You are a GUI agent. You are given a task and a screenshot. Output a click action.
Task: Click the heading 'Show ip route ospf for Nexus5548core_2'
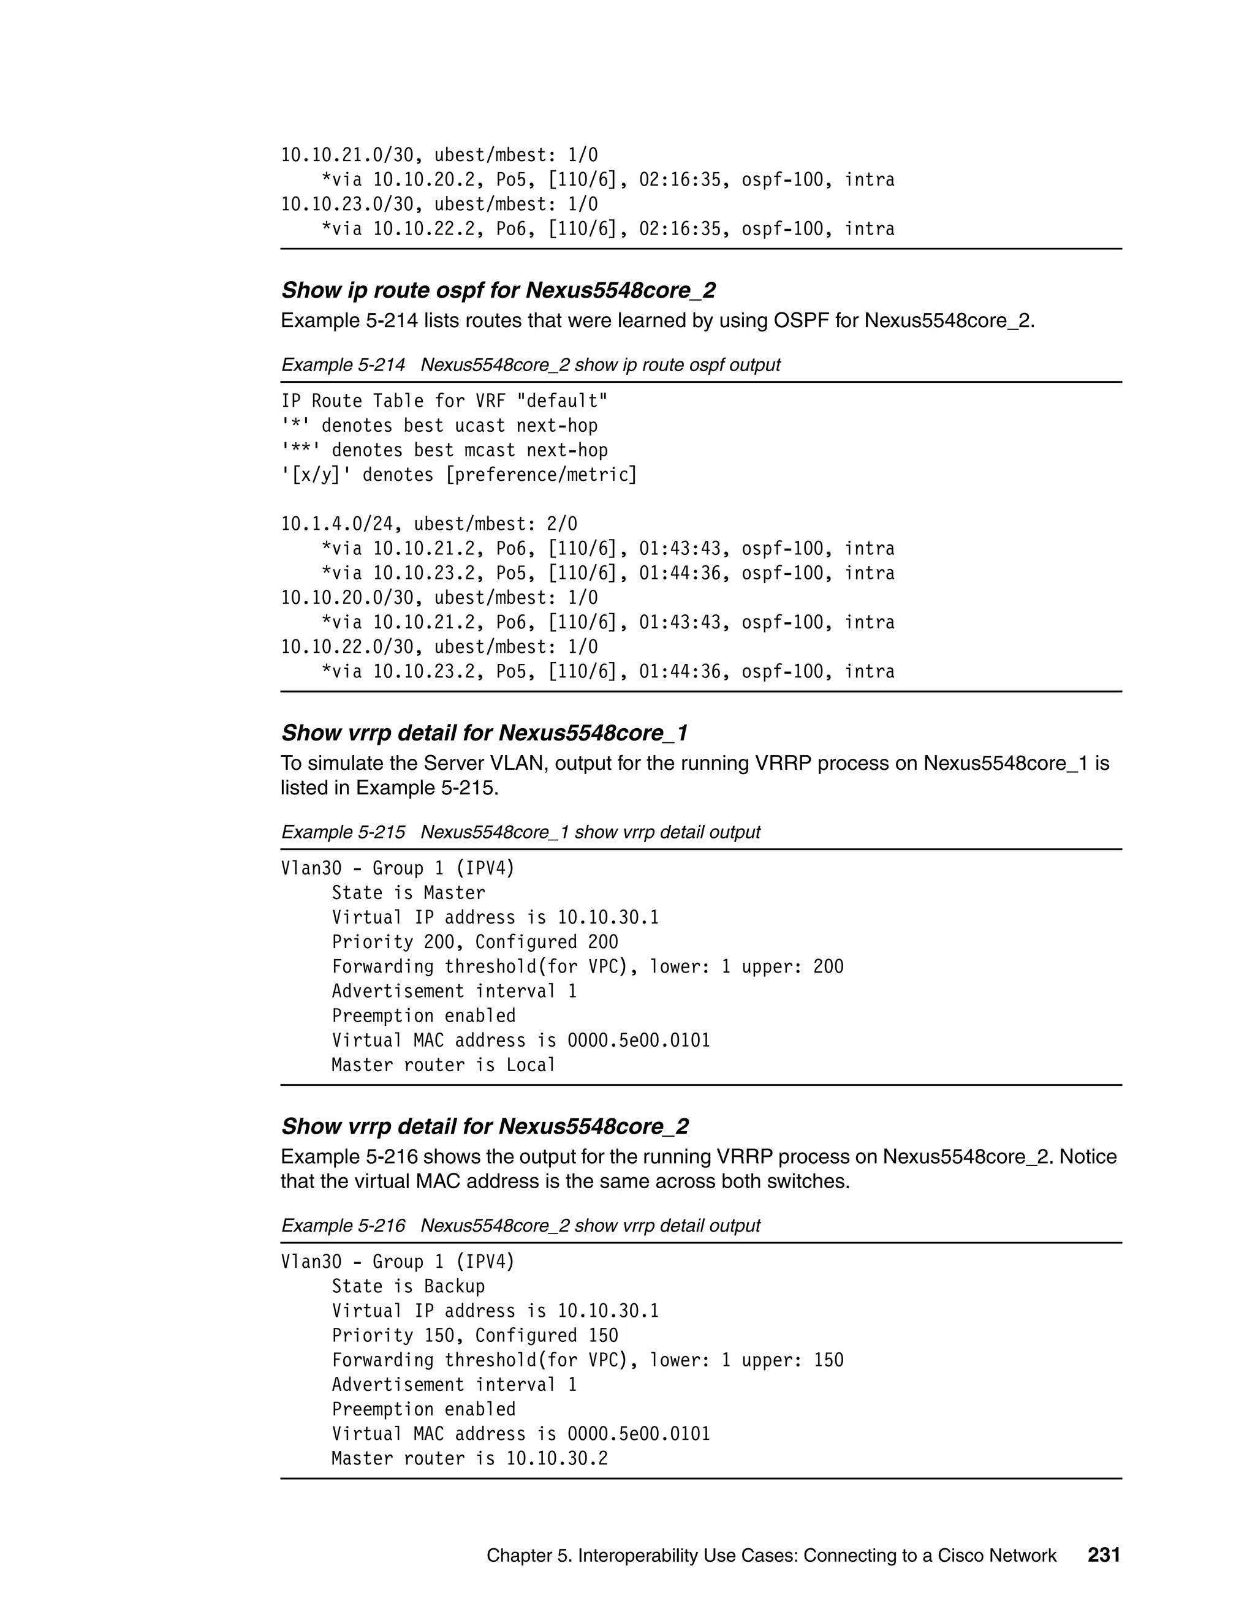click(x=498, y=290)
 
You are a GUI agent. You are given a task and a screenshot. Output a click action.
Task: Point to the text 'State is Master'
click(x=408, y=892)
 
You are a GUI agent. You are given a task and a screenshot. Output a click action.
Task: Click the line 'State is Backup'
click(x=408, y=1286)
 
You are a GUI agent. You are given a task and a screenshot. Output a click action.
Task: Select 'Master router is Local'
click(x=443, y=1065)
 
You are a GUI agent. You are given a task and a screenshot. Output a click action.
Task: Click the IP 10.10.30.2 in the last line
click(x=557, y=1458)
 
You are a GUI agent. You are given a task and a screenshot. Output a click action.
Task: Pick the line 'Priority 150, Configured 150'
click(x=474, y=1335)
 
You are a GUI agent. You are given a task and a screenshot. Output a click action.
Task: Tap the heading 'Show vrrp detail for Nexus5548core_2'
click(x=484, y=1126)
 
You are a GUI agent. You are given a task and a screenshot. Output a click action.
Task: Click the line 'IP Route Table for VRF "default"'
click(x=444, y=401)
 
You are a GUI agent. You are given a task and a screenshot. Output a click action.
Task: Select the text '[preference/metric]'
click(x=540, y=475)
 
